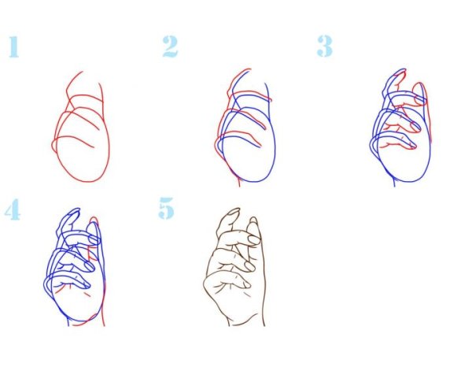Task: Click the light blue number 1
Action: [x=13, y=46]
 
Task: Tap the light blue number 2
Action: [x=170, y=46]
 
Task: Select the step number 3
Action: [x=325, y=46]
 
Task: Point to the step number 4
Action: [x=13, y=209]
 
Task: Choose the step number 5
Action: [x=167, y=208]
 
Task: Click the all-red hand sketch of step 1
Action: [x=81, y=127]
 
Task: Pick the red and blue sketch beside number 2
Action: [x=245, y=128]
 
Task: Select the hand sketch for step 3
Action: [x=400, y=128]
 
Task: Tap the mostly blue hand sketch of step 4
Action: [x=75, y=267]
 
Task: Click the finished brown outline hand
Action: [x=234, y=267]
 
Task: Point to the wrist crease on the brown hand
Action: [x=245, y=321]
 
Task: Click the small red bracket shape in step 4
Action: [x=90, y=254]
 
